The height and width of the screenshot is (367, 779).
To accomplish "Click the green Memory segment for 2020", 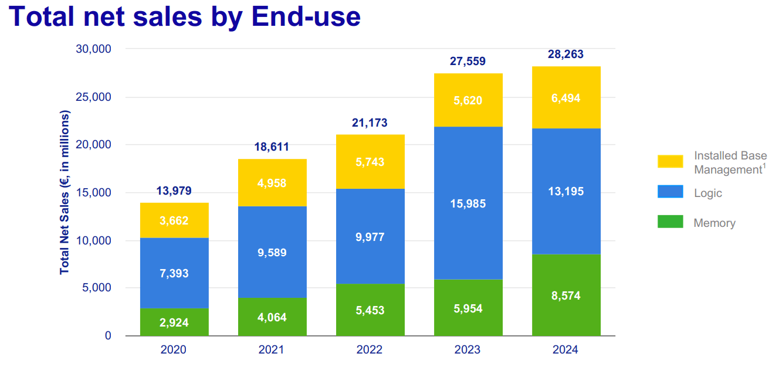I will click(174, 322).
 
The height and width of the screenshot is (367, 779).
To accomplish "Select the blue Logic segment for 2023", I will click(468, 203).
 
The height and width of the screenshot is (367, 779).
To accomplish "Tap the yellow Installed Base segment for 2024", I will click(566, 98).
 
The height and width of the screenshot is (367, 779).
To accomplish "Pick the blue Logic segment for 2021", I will click(272, 252).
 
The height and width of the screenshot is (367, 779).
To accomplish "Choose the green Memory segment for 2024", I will click(566, 295).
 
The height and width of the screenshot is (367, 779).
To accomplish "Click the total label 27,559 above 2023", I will click(468, 61).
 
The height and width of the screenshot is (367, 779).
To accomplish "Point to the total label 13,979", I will click(174, 191).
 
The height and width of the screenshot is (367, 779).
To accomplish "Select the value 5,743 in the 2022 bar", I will click(370, 162).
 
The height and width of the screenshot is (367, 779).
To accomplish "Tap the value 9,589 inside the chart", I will click(272, 253).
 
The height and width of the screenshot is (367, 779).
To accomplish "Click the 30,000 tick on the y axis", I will click(94, 49).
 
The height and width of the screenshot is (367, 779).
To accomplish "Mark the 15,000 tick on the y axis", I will click(94, 192).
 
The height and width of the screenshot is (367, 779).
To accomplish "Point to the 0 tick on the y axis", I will click(108, 336).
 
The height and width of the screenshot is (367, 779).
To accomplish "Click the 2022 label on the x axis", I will click(370, 350).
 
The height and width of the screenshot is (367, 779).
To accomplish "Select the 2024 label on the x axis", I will click(565, 350).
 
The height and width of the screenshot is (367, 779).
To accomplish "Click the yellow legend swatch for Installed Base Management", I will click(670, 161).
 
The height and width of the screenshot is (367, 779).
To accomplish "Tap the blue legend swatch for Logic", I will click(670, 192).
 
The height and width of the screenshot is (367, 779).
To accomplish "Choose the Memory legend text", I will click(714, 223).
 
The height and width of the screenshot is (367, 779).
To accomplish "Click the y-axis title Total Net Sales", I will click(65, 193).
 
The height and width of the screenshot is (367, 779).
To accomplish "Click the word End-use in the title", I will click(306, 16).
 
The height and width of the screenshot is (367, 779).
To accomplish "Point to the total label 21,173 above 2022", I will click(370, 123).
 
